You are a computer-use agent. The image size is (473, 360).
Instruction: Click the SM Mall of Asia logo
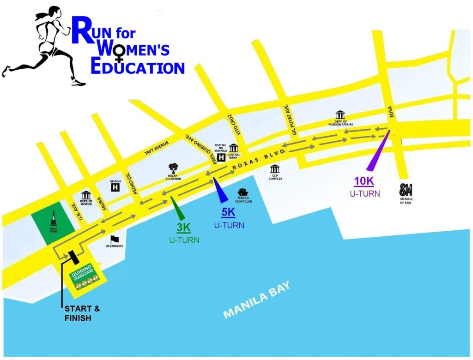[x=406, y=190]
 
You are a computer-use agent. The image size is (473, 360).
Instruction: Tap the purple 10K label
[x=364, y=181]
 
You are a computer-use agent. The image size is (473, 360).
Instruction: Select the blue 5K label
[x=229, y=213]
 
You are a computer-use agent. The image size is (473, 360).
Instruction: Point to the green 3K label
[x=184, y=228]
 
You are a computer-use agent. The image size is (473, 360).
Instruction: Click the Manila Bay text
[x=257, y=300]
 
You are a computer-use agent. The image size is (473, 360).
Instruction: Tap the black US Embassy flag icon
[x=115, y=239]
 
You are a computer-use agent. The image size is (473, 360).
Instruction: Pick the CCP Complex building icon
[x=275, y=169]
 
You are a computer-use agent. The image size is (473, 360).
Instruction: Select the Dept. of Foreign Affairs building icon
[x=340, y=114]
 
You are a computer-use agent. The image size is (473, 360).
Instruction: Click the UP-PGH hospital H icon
[x=115, y=188]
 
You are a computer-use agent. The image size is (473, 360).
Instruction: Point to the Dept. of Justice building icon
[x=86, y=195]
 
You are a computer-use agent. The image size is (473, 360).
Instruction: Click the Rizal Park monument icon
[x=54, y=217]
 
